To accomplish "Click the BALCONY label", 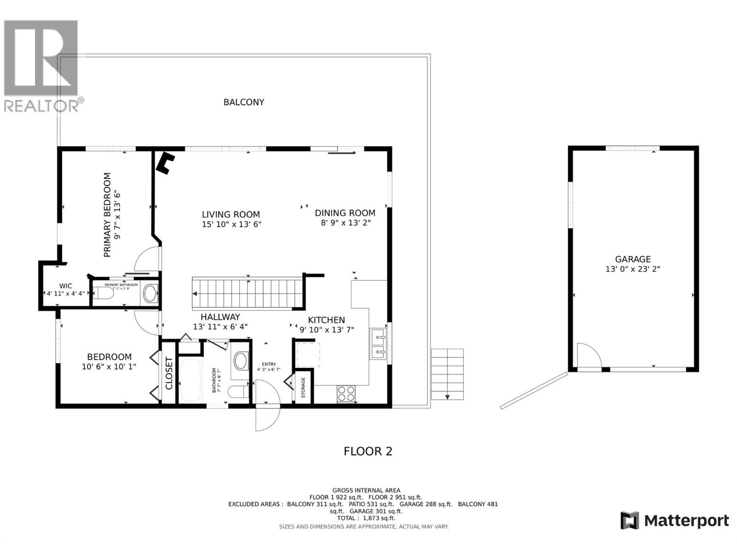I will [x=244, y=102].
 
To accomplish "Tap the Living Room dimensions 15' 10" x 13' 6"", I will [x=232, y=224].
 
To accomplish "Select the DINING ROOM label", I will [x=345, y=213].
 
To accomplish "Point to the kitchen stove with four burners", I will [x=346, y=394].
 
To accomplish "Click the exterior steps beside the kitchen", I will [x=447, y=374].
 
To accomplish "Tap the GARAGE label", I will [x=633, y=259].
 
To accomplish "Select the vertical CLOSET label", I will [x=169, y=373].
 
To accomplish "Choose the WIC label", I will [x=65, y=286].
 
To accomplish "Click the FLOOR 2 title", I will [x=368, y=451].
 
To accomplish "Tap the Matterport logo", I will [x=674, y=521].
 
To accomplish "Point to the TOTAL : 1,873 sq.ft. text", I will [x=366, y=518].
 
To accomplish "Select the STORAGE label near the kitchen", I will [x=303, y=388].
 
